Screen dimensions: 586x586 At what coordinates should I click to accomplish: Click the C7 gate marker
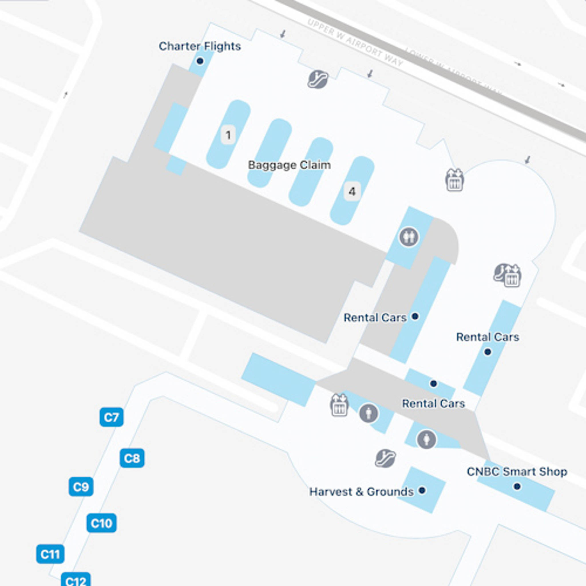coord(111,417)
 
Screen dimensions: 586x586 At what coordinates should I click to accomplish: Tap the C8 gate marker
coord(132,458)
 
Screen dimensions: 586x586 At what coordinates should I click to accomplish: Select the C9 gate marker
coord(81,487)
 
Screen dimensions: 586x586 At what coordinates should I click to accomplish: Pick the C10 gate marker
coord(101,523)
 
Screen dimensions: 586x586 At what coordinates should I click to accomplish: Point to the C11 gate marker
coord(50,554)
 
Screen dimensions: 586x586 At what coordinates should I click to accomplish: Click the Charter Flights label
coord(200,46)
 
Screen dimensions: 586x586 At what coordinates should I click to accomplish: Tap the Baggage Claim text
coord(289,165)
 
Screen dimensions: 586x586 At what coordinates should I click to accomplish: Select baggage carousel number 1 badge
coord(228,135)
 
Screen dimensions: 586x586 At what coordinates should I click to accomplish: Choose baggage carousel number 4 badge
coord(352,191)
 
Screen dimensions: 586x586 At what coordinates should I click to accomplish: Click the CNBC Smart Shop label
coord(517,472)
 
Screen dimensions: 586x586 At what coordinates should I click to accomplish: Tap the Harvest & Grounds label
coord(361,492)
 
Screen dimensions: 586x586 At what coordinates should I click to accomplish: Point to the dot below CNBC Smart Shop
coord(517,486)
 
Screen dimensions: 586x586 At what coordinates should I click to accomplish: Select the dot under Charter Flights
coord(200,61)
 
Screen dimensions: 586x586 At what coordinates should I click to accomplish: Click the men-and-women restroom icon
coord(409,237)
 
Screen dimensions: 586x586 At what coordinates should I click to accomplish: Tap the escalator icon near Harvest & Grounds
coord(385,458)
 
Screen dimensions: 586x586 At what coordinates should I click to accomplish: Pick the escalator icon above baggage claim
coord(318,79)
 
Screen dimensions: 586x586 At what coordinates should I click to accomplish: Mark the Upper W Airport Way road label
coord(355,42)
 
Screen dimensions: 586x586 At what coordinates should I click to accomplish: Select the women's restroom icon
coord(426,439)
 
